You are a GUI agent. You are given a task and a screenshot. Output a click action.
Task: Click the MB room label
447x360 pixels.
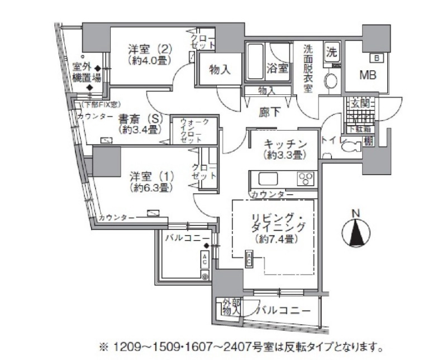367,75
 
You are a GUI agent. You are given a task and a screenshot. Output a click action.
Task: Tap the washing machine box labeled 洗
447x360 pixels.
332,52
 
